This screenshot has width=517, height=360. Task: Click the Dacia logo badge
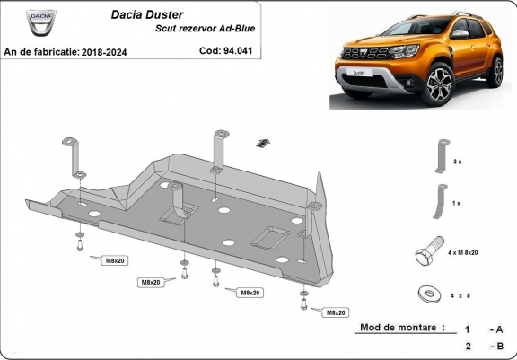point(41,22)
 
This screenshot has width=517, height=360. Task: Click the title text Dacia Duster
point(147,14)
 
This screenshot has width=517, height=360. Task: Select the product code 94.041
point(238,51)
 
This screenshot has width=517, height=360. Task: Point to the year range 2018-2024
point(104,52)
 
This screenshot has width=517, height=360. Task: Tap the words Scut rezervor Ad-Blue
point(205,29)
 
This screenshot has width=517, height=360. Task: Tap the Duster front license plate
point(359,73)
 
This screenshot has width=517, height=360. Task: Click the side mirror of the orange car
point(460,33)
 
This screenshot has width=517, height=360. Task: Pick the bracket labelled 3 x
point(443,156)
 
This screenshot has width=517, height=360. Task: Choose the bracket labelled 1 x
point(440,201)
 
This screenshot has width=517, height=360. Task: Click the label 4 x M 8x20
point(463,252)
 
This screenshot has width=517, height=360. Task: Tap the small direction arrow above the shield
point(263,143)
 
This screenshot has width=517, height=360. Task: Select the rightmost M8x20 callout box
point(336,312)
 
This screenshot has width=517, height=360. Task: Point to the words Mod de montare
point(402,328)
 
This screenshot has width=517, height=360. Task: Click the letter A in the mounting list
point(499,329)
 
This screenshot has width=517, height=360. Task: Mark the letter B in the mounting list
point(500,346)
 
